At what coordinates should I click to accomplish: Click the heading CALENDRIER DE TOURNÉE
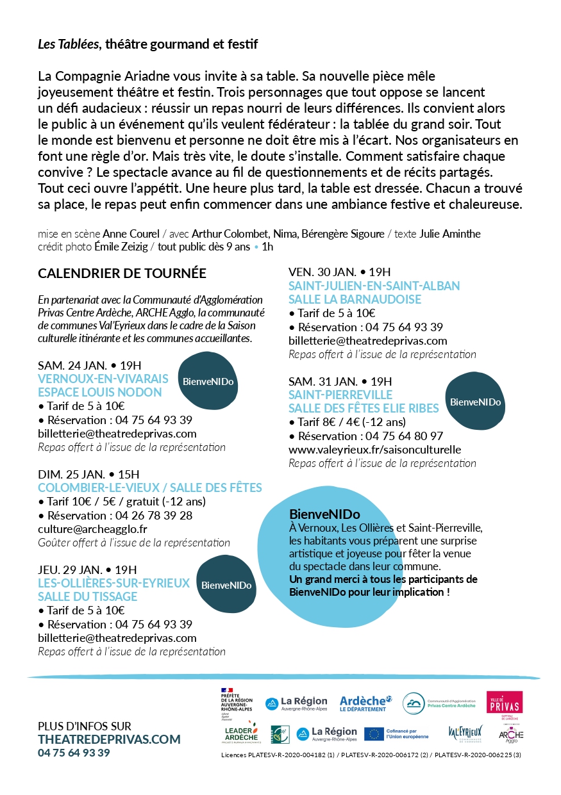coord(122,274)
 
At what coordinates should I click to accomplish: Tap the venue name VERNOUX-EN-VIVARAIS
coord(103,379)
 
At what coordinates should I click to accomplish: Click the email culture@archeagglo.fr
coord(92,529)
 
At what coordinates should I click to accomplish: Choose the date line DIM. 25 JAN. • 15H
coord(88,474)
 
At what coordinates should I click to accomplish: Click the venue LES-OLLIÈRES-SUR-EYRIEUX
coord(114,583)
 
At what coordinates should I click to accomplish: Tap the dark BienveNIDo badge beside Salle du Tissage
coord(226,585)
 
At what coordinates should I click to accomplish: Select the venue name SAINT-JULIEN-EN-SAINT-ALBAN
coord(374,286)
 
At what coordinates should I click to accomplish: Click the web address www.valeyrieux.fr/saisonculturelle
coord(374,449)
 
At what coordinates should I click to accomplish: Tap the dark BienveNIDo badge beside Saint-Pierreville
coord(475,402)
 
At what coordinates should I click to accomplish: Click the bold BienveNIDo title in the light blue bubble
coord(324,514)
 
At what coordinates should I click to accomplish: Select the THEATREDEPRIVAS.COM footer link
coord(109,739)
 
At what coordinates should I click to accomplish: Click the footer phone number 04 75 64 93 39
coord(74,753)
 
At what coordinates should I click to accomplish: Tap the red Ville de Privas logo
coord(505,702)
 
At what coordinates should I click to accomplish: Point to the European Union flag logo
coord(374,734)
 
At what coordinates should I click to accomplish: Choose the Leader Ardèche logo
coord(241,734)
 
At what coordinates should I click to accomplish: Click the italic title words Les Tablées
coord(68,44)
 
